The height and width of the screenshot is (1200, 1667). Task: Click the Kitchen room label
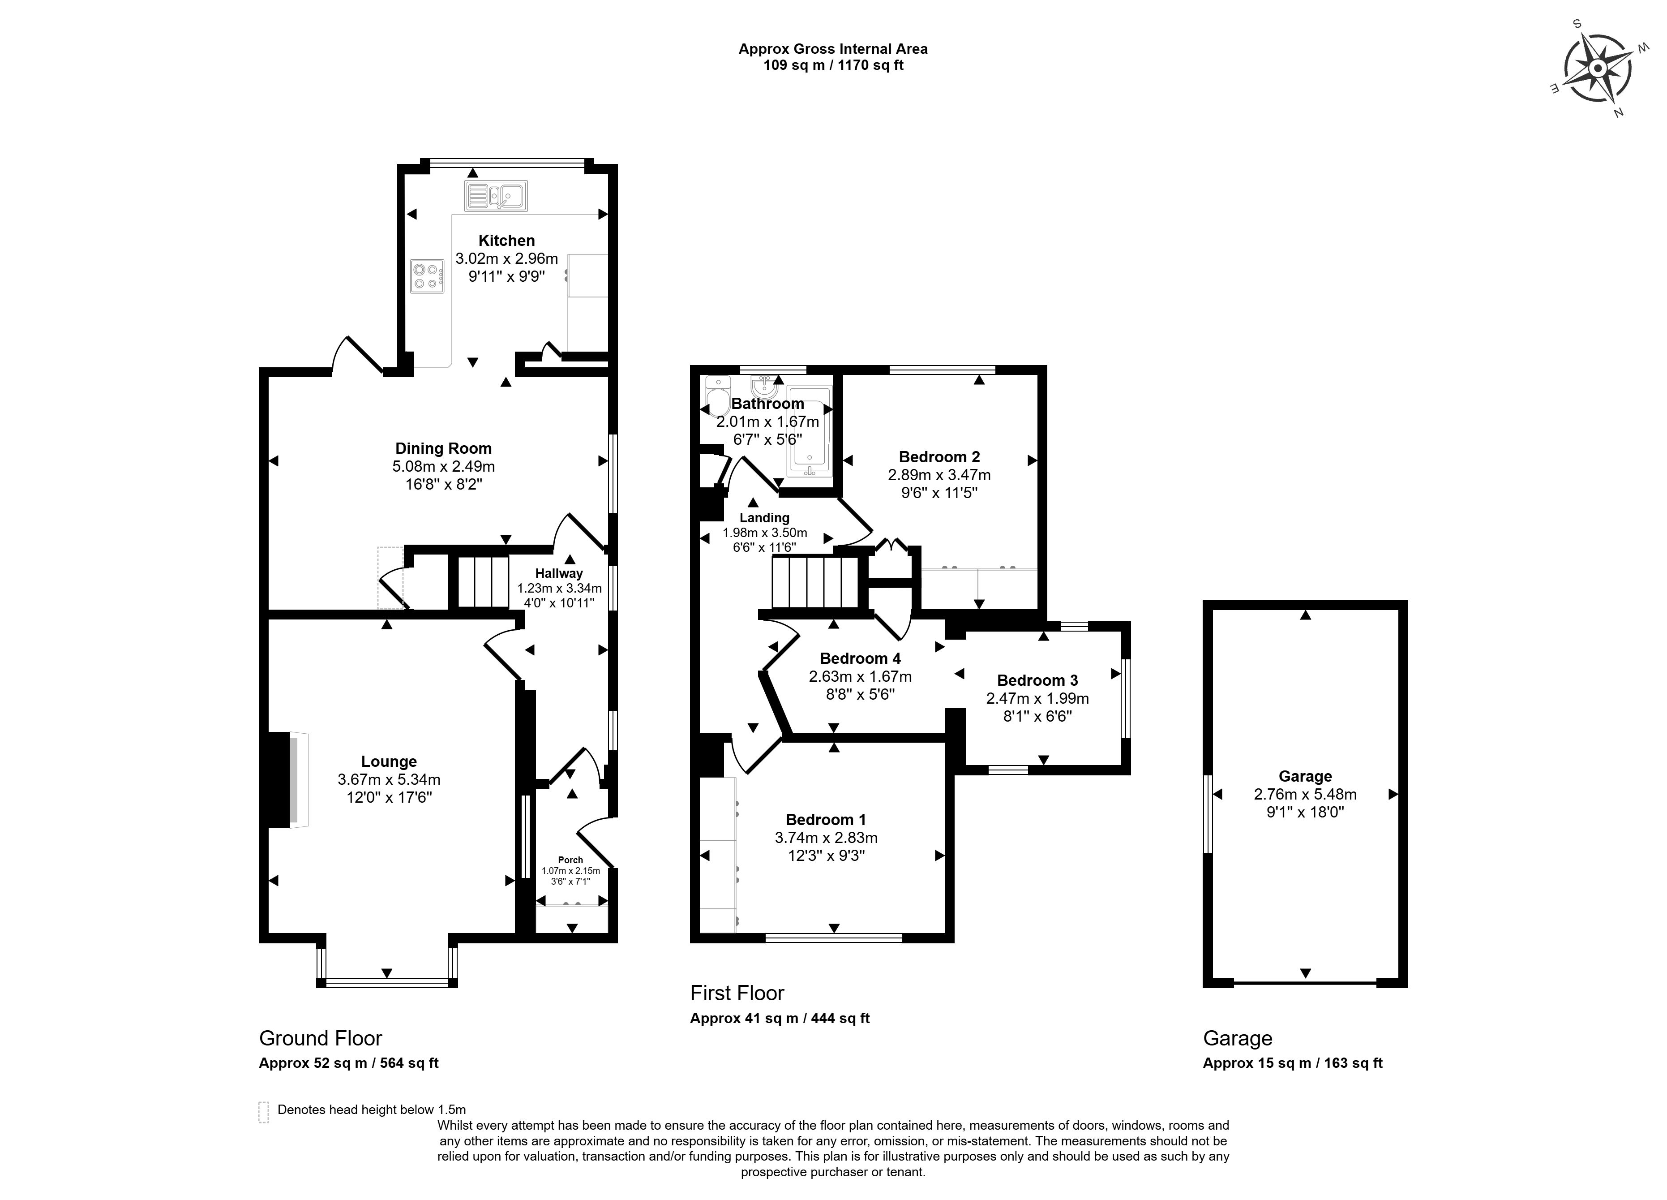coord(506,241)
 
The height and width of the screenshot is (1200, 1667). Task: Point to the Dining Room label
coord(443,448)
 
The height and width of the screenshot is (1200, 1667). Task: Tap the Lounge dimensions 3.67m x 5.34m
coord(389,779)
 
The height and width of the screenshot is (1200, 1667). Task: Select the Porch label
coord(570,860)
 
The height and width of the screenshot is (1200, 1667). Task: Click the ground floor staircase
coord(483,581)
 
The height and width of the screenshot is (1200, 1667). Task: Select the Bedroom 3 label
coord(1037,680)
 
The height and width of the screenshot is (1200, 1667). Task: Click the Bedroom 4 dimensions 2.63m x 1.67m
coord(860,676)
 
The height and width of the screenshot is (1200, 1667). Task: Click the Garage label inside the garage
coord(1305,776)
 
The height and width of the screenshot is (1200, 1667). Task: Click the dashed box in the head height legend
coord(264,1112)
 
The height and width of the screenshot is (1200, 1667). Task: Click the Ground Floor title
coord(321,1038)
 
